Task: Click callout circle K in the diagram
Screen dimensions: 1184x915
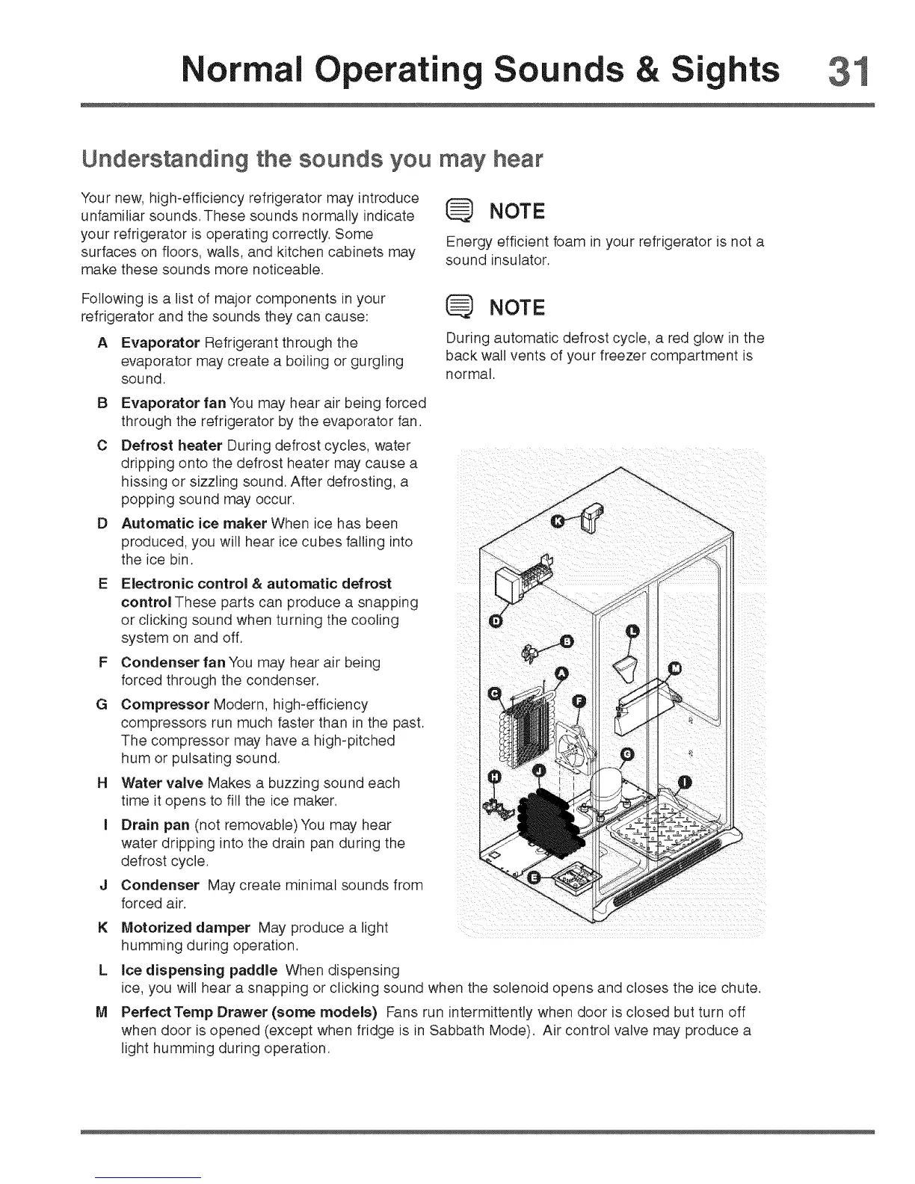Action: [557, 521]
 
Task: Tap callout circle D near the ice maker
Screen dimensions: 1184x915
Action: [494, 622]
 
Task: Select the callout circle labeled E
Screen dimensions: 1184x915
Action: [534, 878]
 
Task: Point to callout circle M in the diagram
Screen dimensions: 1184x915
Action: [675, 667]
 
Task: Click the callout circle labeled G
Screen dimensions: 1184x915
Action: [628, 754]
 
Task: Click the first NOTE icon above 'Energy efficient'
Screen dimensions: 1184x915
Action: [458, 212]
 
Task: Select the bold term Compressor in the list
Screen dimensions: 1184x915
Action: [165, 705]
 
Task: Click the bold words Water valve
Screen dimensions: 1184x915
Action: [162, 783]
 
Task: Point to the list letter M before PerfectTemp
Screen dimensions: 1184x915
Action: [102, 1013]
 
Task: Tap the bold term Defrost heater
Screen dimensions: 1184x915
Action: [172, 445]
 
